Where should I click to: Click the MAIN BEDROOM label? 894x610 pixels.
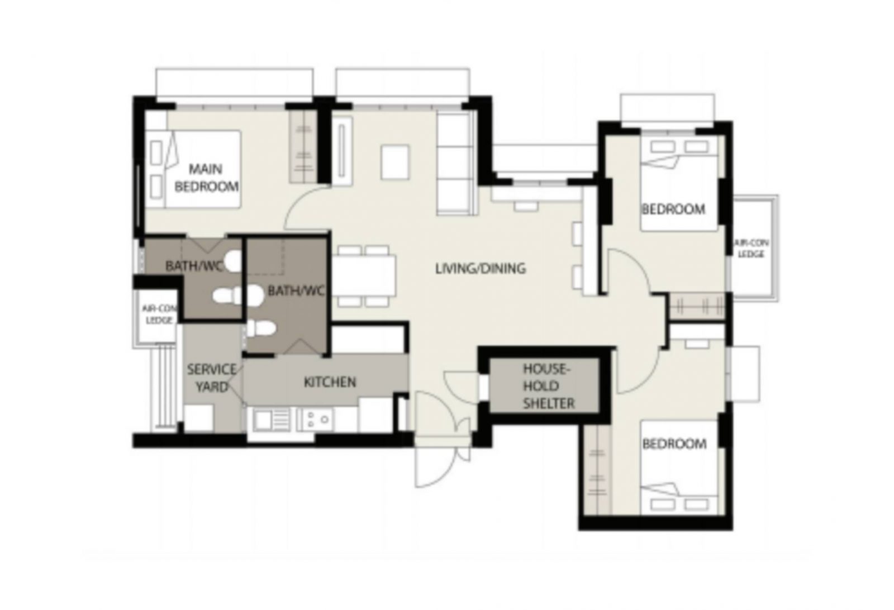(x=206, y=178)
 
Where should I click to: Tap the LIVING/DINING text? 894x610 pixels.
(x=481, y=269)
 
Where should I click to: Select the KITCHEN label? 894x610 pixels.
(x=330, y=382)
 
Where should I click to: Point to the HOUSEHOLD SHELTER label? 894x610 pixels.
(x=548, y=386)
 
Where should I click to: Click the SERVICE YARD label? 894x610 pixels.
(x=211, y=378)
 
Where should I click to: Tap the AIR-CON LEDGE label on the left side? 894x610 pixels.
(x=159, y=314)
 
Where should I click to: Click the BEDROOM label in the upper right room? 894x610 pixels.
(x=673, y=209)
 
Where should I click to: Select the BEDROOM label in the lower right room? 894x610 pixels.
(x=674, y=444)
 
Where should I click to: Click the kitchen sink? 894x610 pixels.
(x=271, y=419)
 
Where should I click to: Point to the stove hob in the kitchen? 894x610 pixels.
(x=316, y=419)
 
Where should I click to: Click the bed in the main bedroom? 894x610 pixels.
(x=196, y=169)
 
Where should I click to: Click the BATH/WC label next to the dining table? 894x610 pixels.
(x=296, y=291)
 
